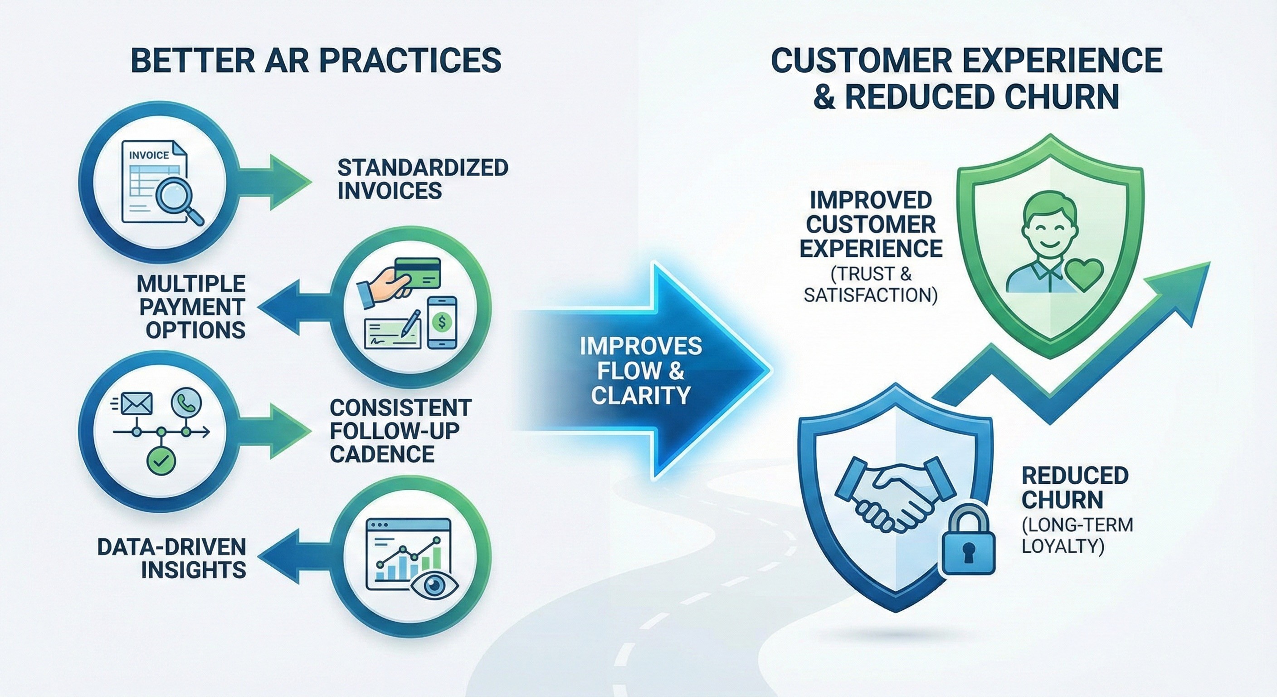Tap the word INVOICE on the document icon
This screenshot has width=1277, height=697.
tap(149, 155)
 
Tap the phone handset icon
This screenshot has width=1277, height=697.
tap(186, 404)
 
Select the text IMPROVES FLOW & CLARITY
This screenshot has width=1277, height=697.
tap(640, 371)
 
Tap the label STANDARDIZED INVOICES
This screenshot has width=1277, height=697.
tap(422, 179)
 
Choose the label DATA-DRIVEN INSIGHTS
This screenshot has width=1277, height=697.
tap(171, 558)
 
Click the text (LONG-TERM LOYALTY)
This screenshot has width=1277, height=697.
tap(1076, 536)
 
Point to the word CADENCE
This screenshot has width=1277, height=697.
tap(382, 453)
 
